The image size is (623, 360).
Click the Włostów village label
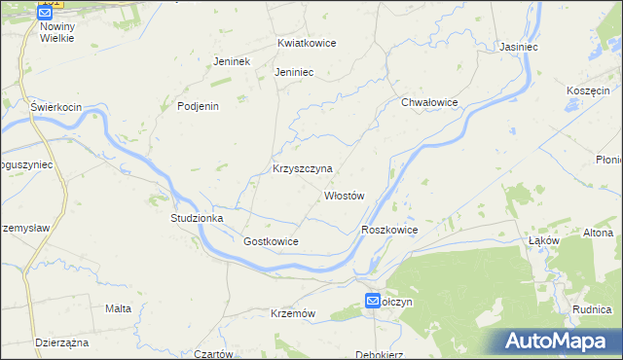pos(344,196)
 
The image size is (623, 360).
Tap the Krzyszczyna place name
pos(303,168)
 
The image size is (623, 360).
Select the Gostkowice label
pos(271,240)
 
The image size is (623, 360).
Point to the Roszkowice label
pos(389,230)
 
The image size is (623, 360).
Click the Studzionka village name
pos(198,218)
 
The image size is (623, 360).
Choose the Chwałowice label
pos(429,101)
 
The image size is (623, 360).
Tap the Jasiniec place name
pos(520,46)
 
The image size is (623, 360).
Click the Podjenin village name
pos(198,107)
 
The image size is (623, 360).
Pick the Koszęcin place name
pos(587,90)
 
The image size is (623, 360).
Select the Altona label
pos(598,234)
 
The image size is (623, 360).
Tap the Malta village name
pos(118,308)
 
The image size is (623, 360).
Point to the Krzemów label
pos(293,313)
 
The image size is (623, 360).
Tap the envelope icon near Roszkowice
pos(374,303)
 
